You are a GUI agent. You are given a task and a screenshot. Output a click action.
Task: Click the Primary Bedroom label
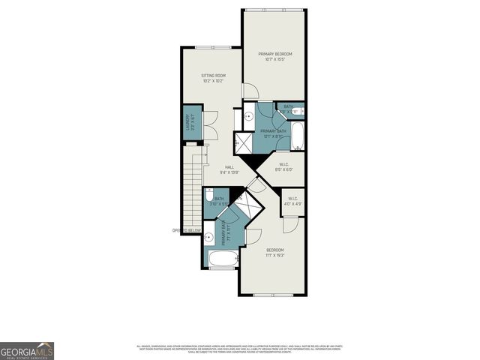(274, 57)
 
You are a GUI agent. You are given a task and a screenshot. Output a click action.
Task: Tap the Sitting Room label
(213, 78)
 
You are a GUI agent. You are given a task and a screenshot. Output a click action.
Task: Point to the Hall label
(229, 171)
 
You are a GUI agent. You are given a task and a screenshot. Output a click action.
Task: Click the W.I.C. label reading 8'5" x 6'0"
(284, 167)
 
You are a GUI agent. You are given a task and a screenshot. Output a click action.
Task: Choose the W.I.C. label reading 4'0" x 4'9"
(291, 201)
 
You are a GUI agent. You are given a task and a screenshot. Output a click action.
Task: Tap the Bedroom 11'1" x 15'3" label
(274, 252)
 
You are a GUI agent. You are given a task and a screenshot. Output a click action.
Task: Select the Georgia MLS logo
(27, 350)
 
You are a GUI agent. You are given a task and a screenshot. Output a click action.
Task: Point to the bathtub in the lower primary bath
(220, 259)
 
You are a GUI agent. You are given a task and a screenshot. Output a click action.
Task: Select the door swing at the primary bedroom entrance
(250, 91)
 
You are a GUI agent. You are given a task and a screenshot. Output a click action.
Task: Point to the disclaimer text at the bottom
(240, 349)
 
